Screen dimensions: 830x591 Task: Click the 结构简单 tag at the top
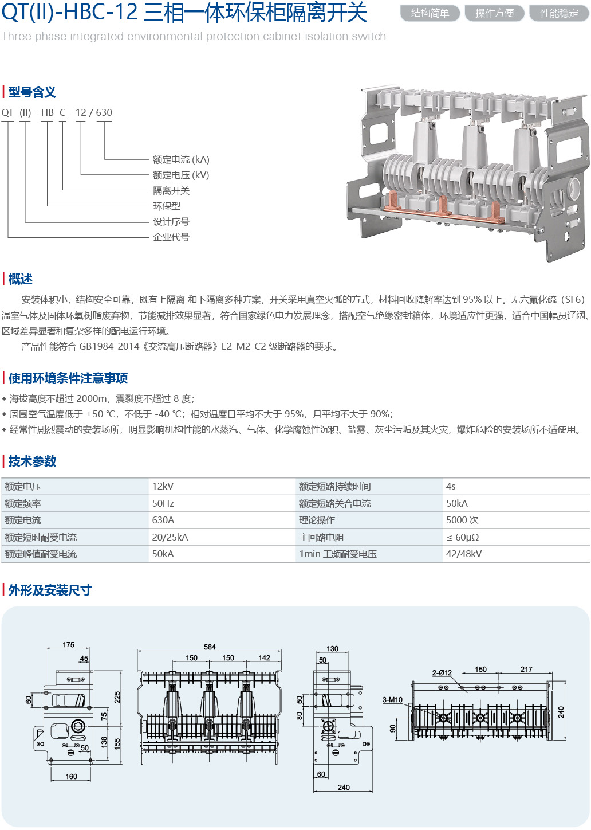click(430, 13)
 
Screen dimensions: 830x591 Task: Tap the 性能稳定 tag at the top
click(559, 13)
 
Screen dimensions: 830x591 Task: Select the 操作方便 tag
click(495, 13)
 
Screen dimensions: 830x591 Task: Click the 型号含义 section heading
click(32, 92)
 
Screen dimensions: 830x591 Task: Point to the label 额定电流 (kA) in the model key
click(181, 160)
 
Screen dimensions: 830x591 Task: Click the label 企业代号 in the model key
click(171, 237)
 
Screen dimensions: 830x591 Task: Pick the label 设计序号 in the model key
click(171, 222)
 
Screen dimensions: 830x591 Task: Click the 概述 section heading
click(21, 279)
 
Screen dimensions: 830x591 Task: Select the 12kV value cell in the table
click(163, 486)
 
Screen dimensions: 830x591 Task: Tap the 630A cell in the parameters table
click(163, 520)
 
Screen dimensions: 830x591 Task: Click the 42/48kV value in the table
click(464, 554)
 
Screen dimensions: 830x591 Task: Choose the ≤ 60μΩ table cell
click(463, 537)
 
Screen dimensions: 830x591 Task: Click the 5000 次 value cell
click(462, 520)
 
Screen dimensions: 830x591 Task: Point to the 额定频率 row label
click(23, 503)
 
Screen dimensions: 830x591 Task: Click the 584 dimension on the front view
click(210, 647)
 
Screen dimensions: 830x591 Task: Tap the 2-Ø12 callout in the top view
click(442, 672)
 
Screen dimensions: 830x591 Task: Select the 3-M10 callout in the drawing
click(392, 699)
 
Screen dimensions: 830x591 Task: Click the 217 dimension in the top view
click(526, 669)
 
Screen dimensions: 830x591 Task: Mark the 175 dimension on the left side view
click(69, 645)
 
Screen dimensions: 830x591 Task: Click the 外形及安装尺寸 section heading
click(50, 590)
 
